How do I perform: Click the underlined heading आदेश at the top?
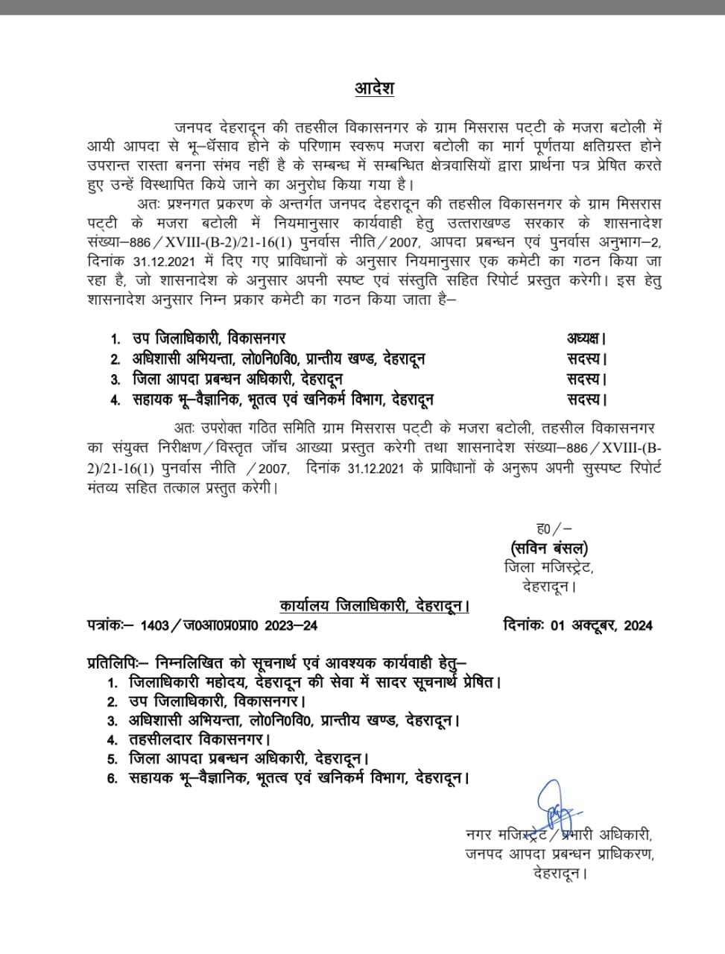tap(374, 89)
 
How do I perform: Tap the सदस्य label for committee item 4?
tap(586, 399)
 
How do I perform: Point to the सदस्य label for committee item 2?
tap(586, 359)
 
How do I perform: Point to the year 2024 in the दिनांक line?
tap(637, 625)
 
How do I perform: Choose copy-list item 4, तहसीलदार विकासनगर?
tap(199, 740)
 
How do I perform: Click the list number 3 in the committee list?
tap(115, 379)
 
